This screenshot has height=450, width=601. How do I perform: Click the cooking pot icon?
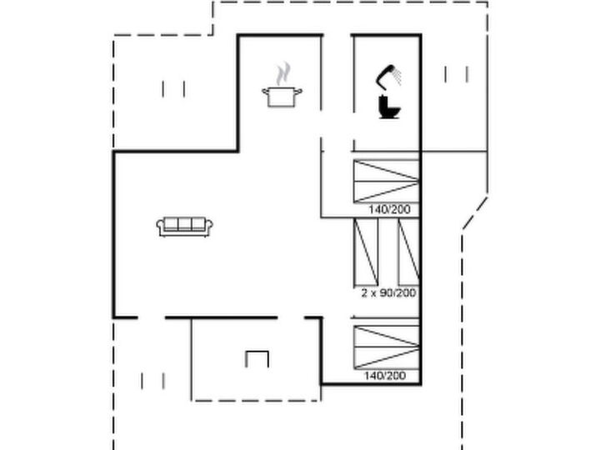tap(282, 97)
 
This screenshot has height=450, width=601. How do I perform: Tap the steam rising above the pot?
tap(283, 73)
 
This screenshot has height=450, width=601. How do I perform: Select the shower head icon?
tap(388, 76)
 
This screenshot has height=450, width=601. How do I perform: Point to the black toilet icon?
tap(389, 107)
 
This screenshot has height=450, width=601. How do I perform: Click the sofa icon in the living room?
tap(185, 227)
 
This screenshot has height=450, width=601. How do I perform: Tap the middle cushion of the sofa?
tap(185, 224)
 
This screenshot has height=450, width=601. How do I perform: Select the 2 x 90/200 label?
tap(388, 293)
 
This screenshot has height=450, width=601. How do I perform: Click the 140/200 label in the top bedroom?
tap(389, 209)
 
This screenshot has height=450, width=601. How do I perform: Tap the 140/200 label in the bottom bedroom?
tap(385, 375)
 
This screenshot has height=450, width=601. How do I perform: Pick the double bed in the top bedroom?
tap(387, 182)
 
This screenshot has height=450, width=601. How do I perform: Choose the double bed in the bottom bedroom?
tap(387, 347)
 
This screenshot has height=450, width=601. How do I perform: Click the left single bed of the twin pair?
tap(366, 252)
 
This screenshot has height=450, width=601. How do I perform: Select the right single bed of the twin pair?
tap(409, 252)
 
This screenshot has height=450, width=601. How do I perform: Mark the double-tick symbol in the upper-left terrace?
tap(173, 89)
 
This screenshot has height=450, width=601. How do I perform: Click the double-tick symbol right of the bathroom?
tap(456, 74)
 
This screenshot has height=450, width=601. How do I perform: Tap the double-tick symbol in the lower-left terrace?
tap(153, 381)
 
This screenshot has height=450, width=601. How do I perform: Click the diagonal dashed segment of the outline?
tap(475, 213)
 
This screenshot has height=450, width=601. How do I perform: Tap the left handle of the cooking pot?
tap(265, 91)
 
